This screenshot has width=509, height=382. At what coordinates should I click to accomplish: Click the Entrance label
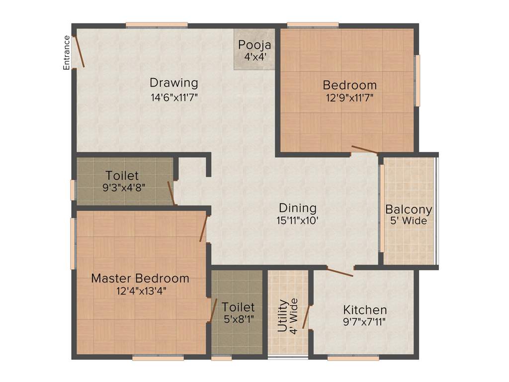66,52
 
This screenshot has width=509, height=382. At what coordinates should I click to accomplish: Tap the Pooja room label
254,45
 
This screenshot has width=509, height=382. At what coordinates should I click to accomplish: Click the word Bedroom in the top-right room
349,85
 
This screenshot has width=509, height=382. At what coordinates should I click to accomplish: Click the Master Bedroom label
140,278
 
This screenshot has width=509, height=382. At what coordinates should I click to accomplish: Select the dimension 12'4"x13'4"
140,291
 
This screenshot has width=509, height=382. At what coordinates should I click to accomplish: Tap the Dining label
297,207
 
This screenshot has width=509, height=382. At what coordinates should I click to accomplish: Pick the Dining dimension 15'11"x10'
297,220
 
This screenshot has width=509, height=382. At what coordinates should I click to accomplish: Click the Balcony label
409,209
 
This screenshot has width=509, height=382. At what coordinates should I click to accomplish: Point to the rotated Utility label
282,315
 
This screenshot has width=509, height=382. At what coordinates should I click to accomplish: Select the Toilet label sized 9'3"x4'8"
122,176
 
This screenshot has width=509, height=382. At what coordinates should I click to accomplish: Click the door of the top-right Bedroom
364,149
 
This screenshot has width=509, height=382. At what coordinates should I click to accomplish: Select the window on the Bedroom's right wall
418,81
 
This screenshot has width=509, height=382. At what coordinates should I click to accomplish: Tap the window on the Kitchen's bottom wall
353,357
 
